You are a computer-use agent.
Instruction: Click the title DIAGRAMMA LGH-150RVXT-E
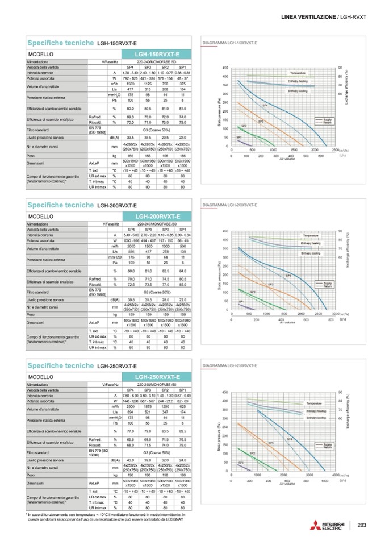point(230,43)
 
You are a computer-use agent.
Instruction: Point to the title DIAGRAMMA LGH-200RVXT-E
point(230,204)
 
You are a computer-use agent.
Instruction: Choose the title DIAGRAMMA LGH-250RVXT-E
point(230,364)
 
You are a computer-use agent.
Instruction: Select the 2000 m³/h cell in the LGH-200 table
point(130,245)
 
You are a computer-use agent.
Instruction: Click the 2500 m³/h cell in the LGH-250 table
point(130,406)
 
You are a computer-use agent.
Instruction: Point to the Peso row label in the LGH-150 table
point(31,155)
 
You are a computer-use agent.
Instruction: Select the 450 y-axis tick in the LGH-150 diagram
point(225,68)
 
